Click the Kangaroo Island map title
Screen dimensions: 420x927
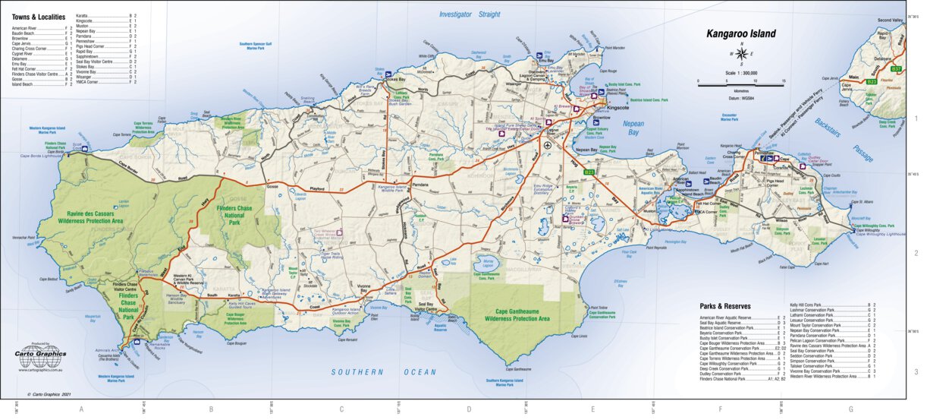741,33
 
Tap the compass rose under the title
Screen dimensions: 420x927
741,54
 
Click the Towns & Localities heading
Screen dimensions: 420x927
39,16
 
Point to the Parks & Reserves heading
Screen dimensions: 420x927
726,307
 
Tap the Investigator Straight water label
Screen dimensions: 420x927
470,14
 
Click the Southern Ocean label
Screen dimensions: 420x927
383,372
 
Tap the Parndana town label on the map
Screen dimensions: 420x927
421,185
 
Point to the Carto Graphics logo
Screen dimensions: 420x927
41,352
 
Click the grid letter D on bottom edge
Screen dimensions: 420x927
468,409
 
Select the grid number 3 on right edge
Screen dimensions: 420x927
916,372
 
